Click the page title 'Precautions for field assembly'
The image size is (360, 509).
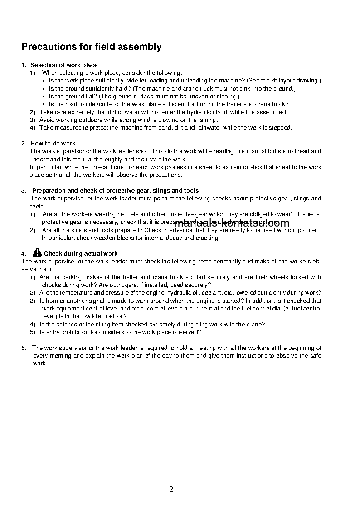pos(92,47)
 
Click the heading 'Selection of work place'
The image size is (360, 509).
pos(64,65)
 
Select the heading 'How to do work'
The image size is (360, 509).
pos(53,143)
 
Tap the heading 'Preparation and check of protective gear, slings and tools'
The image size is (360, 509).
pos(115,190)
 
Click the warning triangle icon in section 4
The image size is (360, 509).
pos(37,252)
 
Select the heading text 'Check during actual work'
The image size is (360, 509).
pos(81,254)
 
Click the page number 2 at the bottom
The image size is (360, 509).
pos(171,489)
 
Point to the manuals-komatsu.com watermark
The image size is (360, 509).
pos(231,223)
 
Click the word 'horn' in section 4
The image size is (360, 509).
pos(52,301)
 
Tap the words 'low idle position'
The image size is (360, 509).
pos(103,316)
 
